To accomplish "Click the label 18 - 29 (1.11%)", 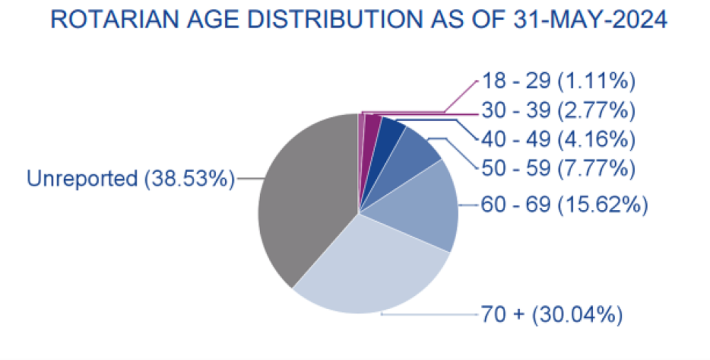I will [557, 82].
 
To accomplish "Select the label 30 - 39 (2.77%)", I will [557, 111].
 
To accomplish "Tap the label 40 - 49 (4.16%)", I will [557, 139].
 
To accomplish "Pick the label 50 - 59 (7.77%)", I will [557, 168].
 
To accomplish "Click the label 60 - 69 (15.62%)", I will [564, 206].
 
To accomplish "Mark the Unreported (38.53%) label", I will [131, 178].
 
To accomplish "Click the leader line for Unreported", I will [248, 178].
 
